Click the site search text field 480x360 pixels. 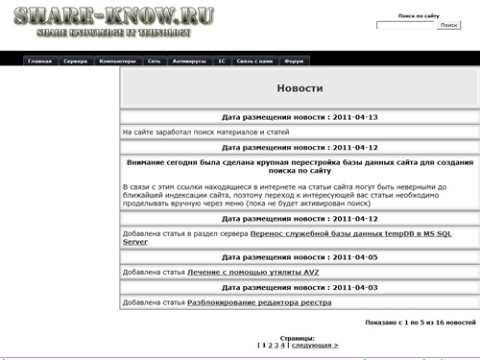click(404, 25)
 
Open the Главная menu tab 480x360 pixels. click(40, 60)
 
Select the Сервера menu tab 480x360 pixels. click(75, 60)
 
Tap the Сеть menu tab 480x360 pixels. click(155, 60)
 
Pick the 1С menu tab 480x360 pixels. click(222, 60)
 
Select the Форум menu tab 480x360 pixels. click(295, 60)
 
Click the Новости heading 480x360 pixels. click(299, 88)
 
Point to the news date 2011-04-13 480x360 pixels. click(299, 117)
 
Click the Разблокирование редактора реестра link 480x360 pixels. click(259, 302)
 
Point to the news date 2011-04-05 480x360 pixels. click(299, 257)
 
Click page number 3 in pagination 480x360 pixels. click(275, 345)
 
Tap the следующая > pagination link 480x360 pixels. click(314, 345)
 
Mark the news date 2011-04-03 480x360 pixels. click(299, 287)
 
